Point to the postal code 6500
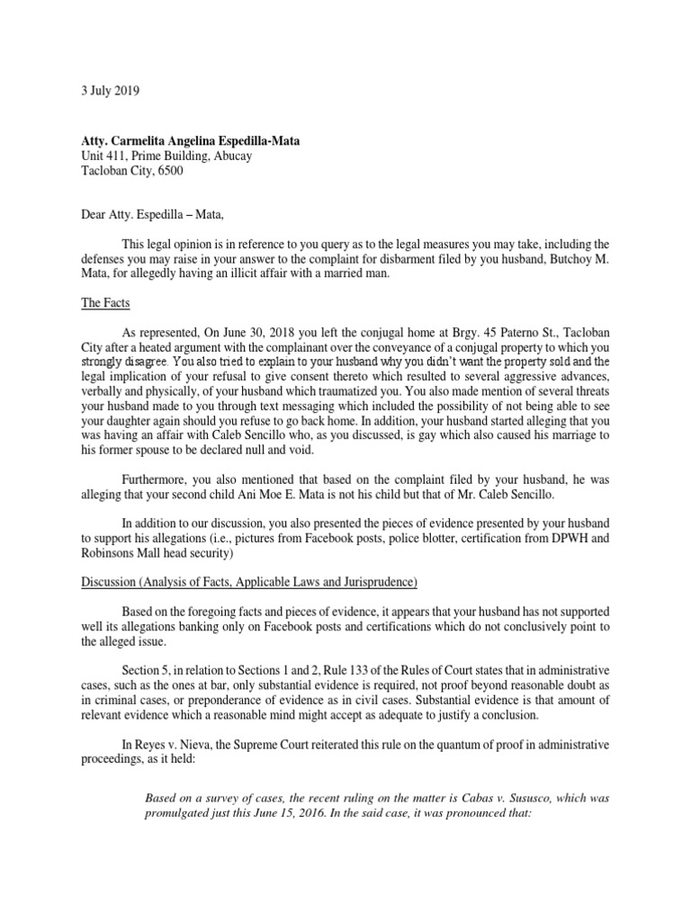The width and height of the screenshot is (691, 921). [168, 172]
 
